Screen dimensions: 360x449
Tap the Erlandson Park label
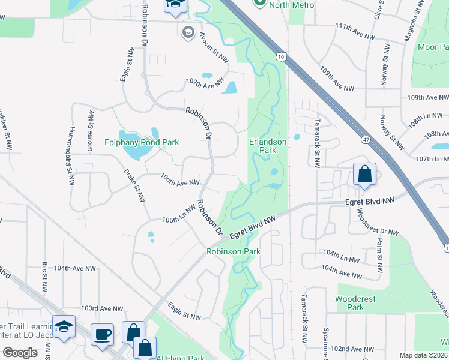pos(263,146)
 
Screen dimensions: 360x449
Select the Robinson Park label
pos(234,251)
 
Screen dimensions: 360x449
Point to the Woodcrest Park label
pos(349,303)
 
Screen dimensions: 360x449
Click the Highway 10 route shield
pos(281,56)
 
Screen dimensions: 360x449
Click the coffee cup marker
pos(102,334)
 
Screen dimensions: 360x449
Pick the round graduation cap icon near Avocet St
pos(188,31)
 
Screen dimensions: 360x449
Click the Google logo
pos(20,352)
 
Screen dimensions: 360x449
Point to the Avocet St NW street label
pos(214,47)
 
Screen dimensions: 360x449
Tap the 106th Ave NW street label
pos(179,179)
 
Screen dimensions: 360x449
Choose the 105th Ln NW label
pos(179,214)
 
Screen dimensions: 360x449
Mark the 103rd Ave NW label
pos(102,308)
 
